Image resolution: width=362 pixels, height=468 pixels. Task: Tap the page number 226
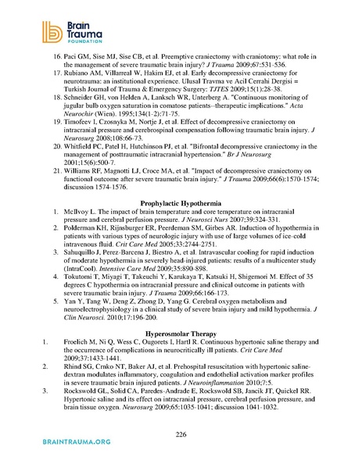tap(181, 433)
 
